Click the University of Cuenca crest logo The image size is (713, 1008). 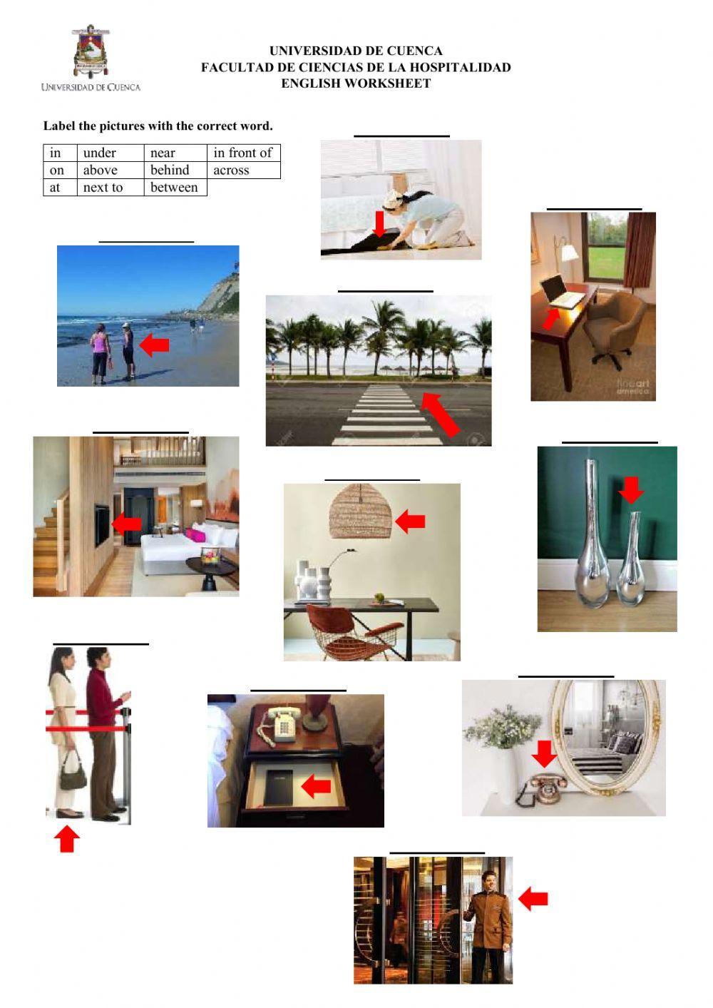click(x=90, y=51)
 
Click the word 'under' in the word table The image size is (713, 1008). click(x=99, y=153)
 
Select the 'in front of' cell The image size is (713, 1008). click(x=242, y=153)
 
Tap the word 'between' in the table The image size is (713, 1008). click(x=174, y=188)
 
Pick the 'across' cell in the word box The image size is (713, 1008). click(x=231, y=170)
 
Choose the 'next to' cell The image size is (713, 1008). click(x=103, y=188)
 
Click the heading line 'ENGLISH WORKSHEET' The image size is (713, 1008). click(x=356, y=83)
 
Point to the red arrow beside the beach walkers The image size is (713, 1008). click(x=155, y=345)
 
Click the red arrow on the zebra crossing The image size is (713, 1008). click(x=440, y=414)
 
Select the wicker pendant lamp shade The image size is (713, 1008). click(x=361, y=512)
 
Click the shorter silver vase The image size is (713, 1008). click(x=630, y=564)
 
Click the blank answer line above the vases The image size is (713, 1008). click(x=610, y=442)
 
